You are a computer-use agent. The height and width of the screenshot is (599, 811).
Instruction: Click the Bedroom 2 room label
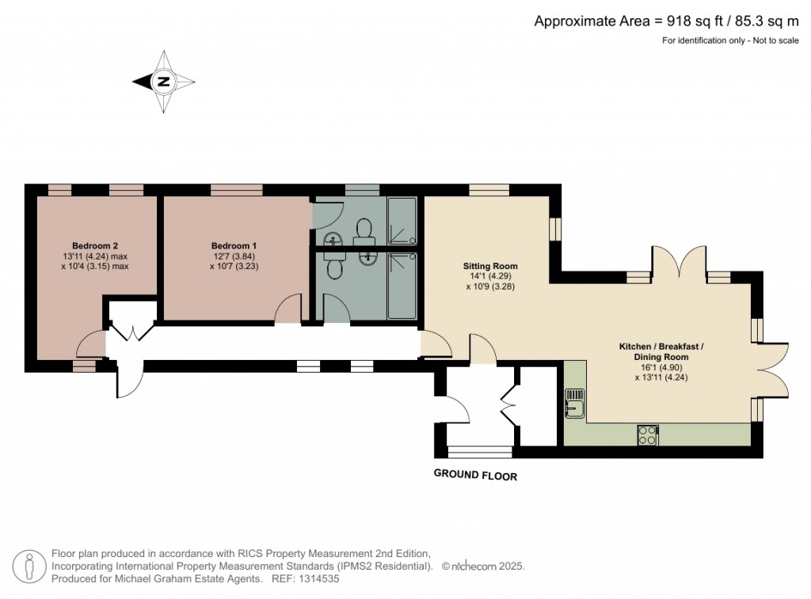(95, 246)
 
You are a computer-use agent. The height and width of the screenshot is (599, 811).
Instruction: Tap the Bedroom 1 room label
(234, 246)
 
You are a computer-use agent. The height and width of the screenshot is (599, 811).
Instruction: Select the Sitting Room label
(490, 266)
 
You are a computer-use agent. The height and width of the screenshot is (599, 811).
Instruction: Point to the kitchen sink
(575, 403)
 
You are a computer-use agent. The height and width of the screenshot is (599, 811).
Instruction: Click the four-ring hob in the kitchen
(648, 434)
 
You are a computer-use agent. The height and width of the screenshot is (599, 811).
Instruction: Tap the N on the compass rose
(164, 82)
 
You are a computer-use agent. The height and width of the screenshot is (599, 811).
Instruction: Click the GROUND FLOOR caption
(475, 475)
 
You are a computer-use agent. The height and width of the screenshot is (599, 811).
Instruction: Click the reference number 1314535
(318, 579)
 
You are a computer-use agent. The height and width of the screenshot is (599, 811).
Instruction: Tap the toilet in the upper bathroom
(364, 230)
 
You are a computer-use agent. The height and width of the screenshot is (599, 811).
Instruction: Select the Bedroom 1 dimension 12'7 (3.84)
(234, 256)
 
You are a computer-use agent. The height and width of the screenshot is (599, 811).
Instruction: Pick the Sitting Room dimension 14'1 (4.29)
(490, 276)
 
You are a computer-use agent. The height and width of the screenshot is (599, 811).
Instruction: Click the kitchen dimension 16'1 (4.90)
(661, 367)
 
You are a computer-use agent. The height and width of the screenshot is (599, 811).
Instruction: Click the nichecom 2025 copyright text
(483, 567)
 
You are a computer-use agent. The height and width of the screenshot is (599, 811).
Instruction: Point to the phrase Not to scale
(776, 40)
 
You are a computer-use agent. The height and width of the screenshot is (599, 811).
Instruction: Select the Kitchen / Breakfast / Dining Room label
(661, 351)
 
